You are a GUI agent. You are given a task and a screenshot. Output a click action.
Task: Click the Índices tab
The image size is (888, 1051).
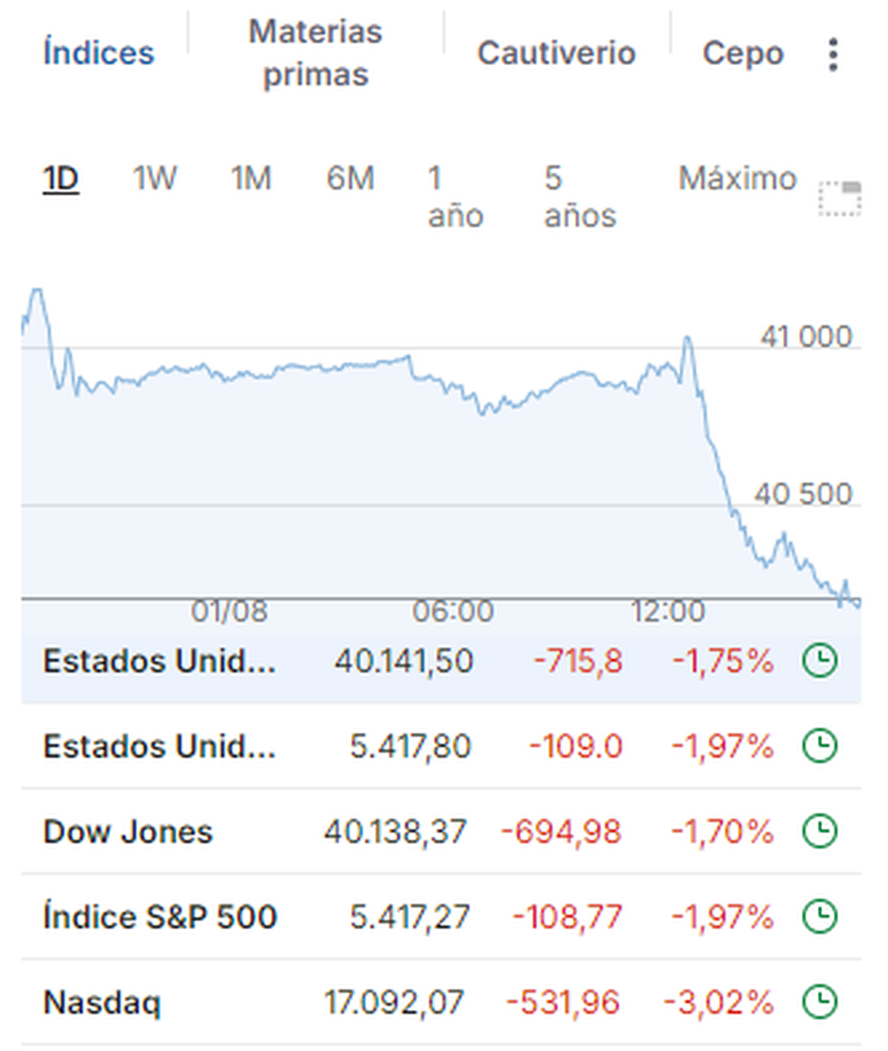pos(98,53)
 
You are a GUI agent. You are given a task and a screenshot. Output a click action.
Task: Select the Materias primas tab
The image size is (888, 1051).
pos(315,53)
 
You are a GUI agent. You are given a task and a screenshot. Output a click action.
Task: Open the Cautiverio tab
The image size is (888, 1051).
pos(556,53)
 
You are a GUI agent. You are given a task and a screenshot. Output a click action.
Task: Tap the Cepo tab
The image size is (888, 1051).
pos(743,53)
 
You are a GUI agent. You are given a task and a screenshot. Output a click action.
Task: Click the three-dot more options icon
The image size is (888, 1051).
pos(833,55)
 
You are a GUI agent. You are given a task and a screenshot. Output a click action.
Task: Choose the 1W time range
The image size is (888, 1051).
pos(154,178)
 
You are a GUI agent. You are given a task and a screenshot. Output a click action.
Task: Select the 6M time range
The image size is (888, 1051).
pos(350,178)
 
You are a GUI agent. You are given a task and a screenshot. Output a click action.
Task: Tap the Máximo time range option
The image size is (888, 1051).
pos(737,178)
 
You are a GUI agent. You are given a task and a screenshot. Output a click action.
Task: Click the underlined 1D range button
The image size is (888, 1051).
pos(61,178)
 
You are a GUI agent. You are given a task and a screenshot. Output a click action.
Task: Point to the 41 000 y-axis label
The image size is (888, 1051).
pos(806,338)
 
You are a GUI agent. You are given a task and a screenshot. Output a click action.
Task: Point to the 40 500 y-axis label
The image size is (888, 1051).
pos(803,494)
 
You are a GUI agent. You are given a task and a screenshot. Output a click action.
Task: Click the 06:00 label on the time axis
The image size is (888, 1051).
pos(453,612)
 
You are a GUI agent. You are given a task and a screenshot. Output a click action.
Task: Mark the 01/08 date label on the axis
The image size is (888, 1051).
pos(229,612)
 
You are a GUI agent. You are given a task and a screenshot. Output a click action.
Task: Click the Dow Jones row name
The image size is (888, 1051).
pos(128,832)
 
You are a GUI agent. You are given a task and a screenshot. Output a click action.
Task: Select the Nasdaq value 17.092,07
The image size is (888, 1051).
pos(394,1003)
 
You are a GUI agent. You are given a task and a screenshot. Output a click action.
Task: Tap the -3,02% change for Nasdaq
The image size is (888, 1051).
pos(719,1003)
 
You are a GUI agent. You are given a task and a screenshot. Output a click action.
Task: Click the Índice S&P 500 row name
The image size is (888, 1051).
pos(160,917)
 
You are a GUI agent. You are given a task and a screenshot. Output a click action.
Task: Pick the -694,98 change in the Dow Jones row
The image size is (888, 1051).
pos(561,832)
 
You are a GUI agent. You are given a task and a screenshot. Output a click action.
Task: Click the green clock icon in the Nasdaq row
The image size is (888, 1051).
pos(820,1002)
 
